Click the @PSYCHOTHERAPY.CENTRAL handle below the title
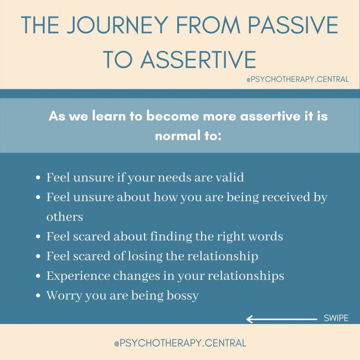coord(297,79)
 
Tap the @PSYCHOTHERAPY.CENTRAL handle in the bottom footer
coord(180,343)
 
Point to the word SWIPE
coord(336,318)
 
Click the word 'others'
coord(65,217)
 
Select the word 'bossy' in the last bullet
coord(182,296)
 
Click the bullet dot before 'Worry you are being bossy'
coord(38,296)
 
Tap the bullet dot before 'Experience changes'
coord(38,276)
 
